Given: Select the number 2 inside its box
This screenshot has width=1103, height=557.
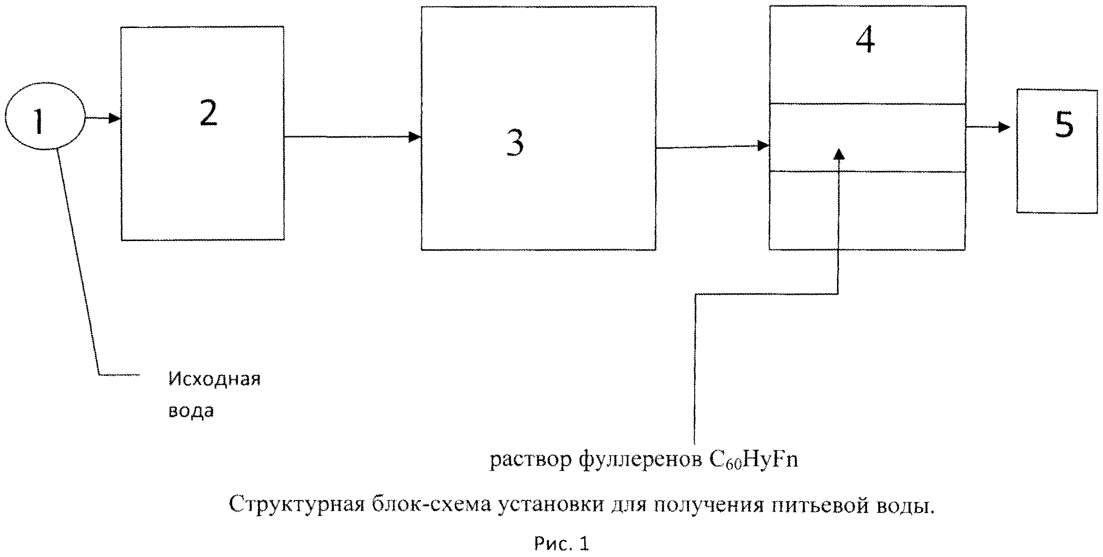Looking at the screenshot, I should tap(209, 114).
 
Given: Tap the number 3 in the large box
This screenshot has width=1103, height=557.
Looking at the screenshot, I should tap(515, 143).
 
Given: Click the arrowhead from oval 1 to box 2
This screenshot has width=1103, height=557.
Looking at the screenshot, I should tap(114, 118).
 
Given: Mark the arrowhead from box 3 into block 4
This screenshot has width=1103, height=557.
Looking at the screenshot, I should tap(763, 145).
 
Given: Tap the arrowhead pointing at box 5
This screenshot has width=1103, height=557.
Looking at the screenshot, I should tap(1005, 128).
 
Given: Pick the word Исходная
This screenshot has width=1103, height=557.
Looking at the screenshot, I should tap(214, 379).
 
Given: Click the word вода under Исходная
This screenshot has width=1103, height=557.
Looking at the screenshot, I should tap(191, 411).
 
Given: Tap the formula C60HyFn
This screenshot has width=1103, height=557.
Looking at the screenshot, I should tap(753, 460).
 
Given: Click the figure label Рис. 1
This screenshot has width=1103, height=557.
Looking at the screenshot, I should tap(561, 544).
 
